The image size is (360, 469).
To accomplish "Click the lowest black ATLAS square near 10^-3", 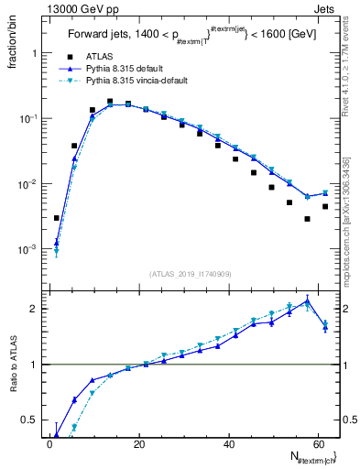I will [x=57, y=218].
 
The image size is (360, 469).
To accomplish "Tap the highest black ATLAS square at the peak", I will [x=110, y=102].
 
